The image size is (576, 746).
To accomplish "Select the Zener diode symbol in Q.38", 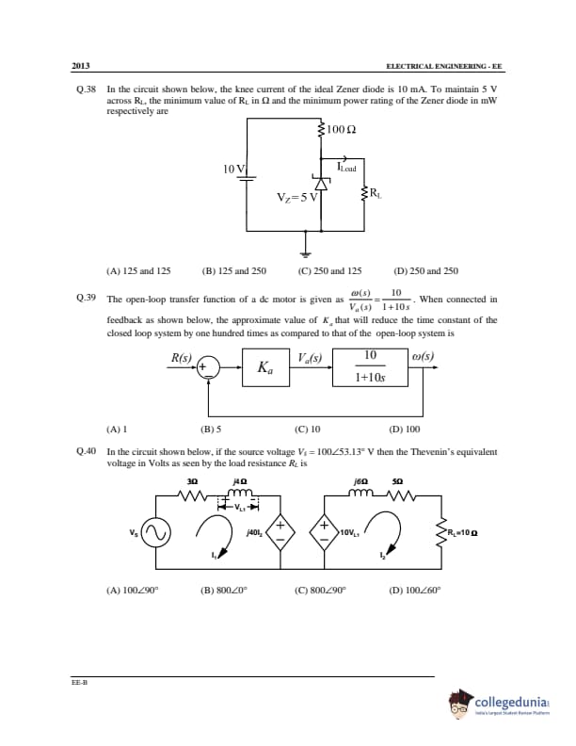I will (321, 185).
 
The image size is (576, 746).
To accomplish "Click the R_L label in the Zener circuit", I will (376, 193).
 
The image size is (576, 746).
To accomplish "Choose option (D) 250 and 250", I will (424, 271).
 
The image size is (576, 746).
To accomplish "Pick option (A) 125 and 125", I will (139, 271).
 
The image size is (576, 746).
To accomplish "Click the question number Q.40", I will (86, 450).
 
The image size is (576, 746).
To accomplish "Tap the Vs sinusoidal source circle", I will (155, 533).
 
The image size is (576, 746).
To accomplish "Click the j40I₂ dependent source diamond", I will (280, 533).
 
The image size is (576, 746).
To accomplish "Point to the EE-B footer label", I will (79, 682).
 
